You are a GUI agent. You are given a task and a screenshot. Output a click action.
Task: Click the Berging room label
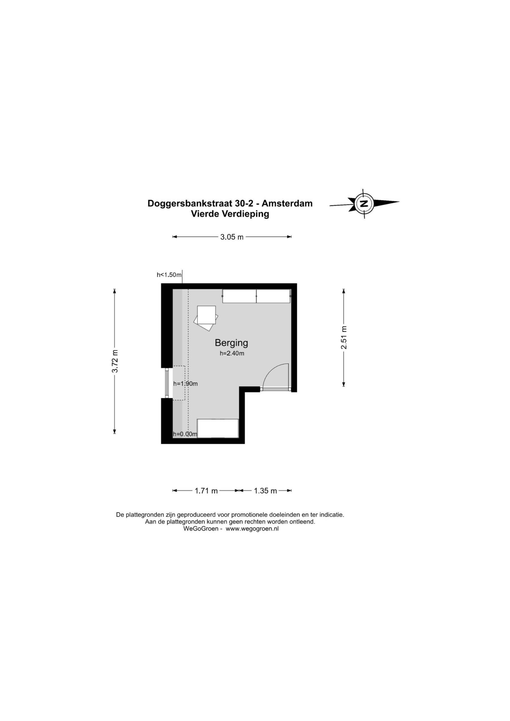click(231, 343)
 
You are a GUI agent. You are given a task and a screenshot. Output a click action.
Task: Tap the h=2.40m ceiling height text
click(232, 353)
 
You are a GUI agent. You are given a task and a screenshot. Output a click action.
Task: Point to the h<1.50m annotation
click(169, 275)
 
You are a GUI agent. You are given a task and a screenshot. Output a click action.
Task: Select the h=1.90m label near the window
click(186, 384)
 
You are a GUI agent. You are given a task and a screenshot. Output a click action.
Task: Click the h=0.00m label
click(185, 434)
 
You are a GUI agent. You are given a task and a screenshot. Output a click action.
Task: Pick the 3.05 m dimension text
click(232, 237)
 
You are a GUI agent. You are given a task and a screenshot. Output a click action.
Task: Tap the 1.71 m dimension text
click(206, 491)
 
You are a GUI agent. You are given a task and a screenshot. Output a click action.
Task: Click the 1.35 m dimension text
click(265, 491)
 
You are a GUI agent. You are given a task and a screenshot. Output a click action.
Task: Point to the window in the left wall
click(167, 383)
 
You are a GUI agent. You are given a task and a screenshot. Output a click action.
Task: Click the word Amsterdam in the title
click(287, 204)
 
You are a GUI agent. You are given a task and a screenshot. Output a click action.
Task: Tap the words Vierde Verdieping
click(230, 214)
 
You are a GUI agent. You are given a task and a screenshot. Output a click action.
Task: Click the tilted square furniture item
click(206, 318)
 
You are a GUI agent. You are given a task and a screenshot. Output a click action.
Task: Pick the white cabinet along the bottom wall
click(218, 428)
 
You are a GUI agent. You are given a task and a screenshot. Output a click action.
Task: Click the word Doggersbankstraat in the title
click(190, 204)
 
